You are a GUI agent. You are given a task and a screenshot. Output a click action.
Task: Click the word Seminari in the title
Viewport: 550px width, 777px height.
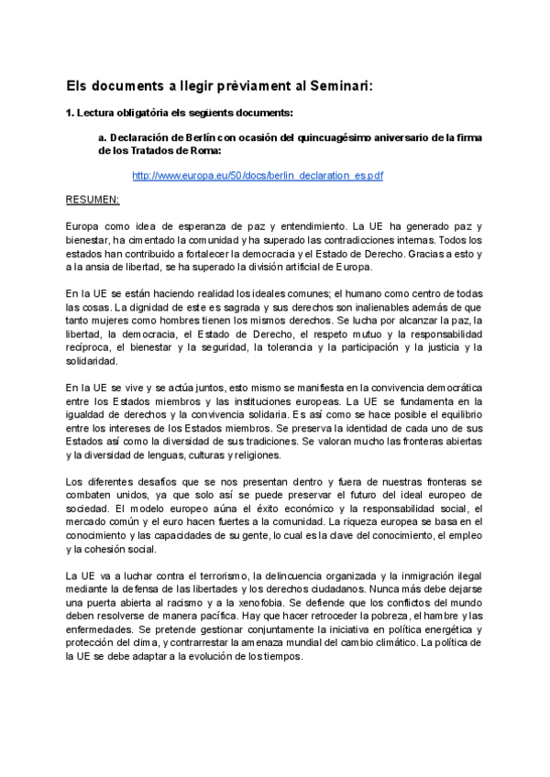pyautogui.click(x=336, y=85)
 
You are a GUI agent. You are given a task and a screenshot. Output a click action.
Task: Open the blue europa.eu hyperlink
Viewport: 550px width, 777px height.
pyautogui.click(x=258, y=175)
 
